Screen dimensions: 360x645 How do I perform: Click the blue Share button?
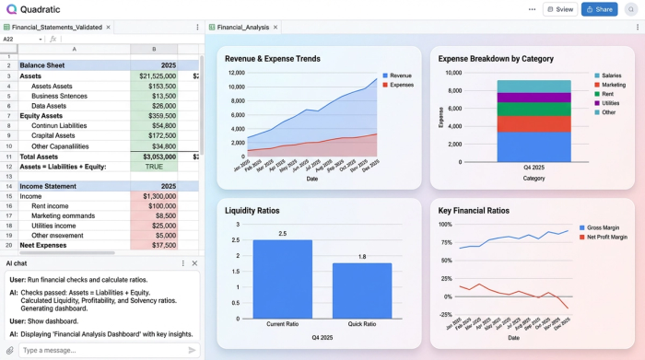pos(599,9)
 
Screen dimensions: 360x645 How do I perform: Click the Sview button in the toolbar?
pos(561,9)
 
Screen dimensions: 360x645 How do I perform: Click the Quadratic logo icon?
pos(10,9)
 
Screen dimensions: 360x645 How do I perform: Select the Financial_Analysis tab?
pos(243,28)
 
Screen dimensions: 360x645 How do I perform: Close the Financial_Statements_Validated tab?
pos(110,28)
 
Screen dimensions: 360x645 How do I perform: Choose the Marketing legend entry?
pos(612,85)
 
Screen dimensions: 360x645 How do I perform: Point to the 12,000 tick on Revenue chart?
pos(236,73)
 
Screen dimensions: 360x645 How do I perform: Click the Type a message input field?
pos(101,350)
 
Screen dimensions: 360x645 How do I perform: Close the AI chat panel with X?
pos(194,263)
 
